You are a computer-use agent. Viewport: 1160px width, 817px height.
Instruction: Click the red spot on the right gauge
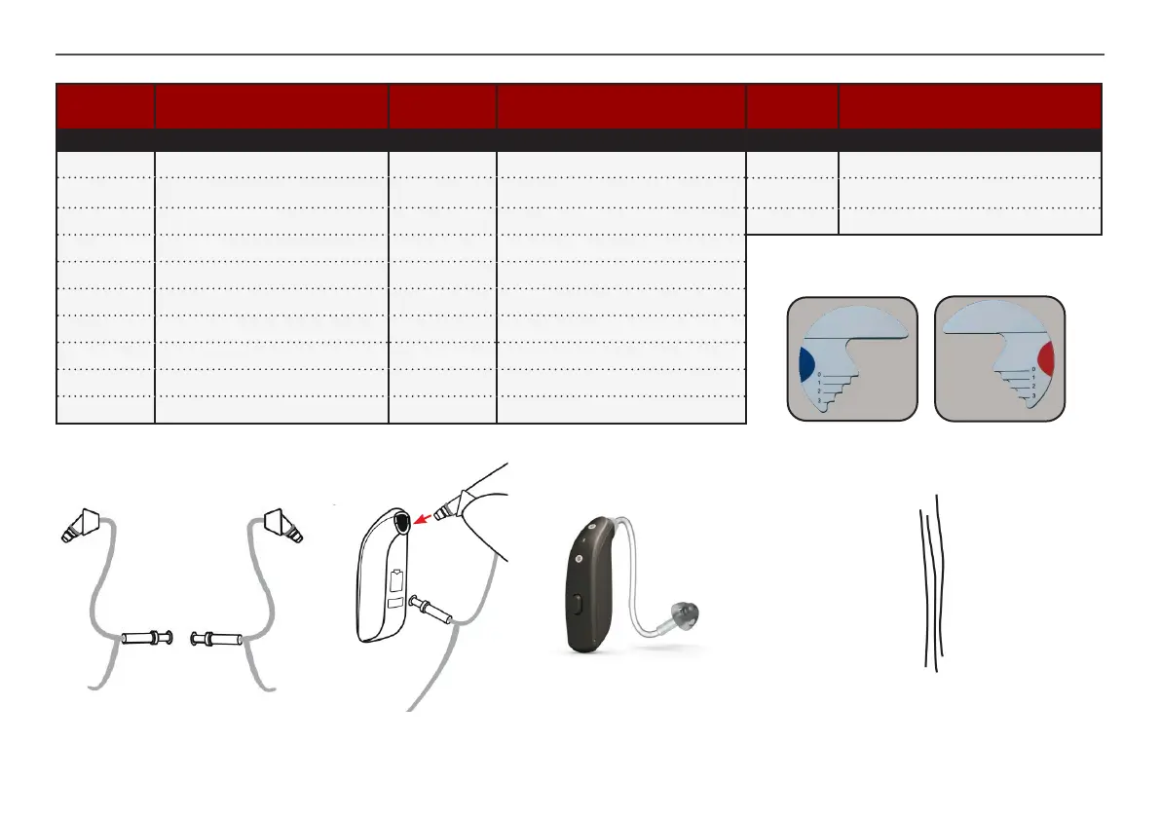tap(1045, 358)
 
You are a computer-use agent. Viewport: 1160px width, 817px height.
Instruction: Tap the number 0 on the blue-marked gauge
tap(820, 374)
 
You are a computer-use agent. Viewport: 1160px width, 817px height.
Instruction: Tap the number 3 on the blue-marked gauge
tap(820, 401)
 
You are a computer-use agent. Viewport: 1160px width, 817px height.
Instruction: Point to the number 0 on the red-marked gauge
tap(1032, 369)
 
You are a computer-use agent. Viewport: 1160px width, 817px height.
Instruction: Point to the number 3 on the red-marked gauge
tap(1032, 396)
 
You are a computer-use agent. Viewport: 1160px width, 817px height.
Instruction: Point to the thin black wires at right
tap(931, 584)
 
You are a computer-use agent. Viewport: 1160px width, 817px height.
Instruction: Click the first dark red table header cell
tap(105, 106)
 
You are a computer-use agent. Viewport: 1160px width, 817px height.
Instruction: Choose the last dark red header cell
tap(969, 106)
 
